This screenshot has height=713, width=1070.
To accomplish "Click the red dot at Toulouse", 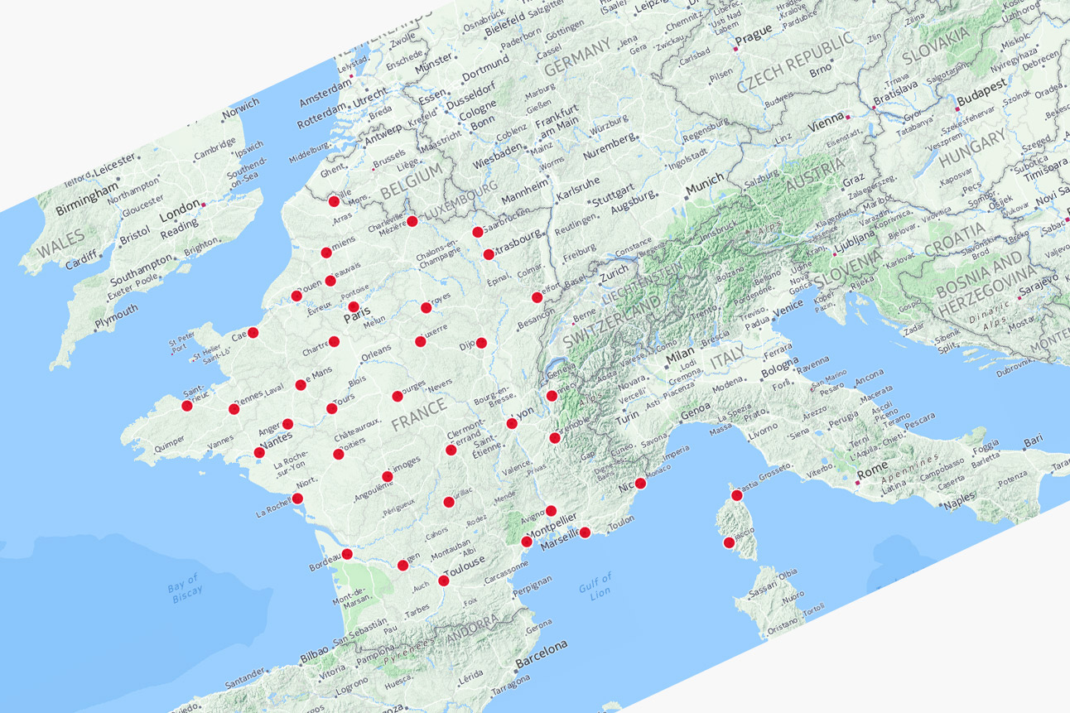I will [444, 581].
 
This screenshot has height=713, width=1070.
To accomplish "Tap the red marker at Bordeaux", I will [347, 554].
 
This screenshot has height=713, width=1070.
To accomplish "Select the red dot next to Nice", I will [639, 494].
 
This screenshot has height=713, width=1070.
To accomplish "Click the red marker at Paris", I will [354, 307].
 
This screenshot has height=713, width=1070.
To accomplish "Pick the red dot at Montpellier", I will [527, 542].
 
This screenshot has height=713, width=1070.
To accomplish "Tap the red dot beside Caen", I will [253, 332].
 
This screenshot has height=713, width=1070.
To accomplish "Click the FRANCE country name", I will [419, 412].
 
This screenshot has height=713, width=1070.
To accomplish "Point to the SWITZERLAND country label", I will [614, 320].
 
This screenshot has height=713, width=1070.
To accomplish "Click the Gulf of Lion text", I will [595, 585].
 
